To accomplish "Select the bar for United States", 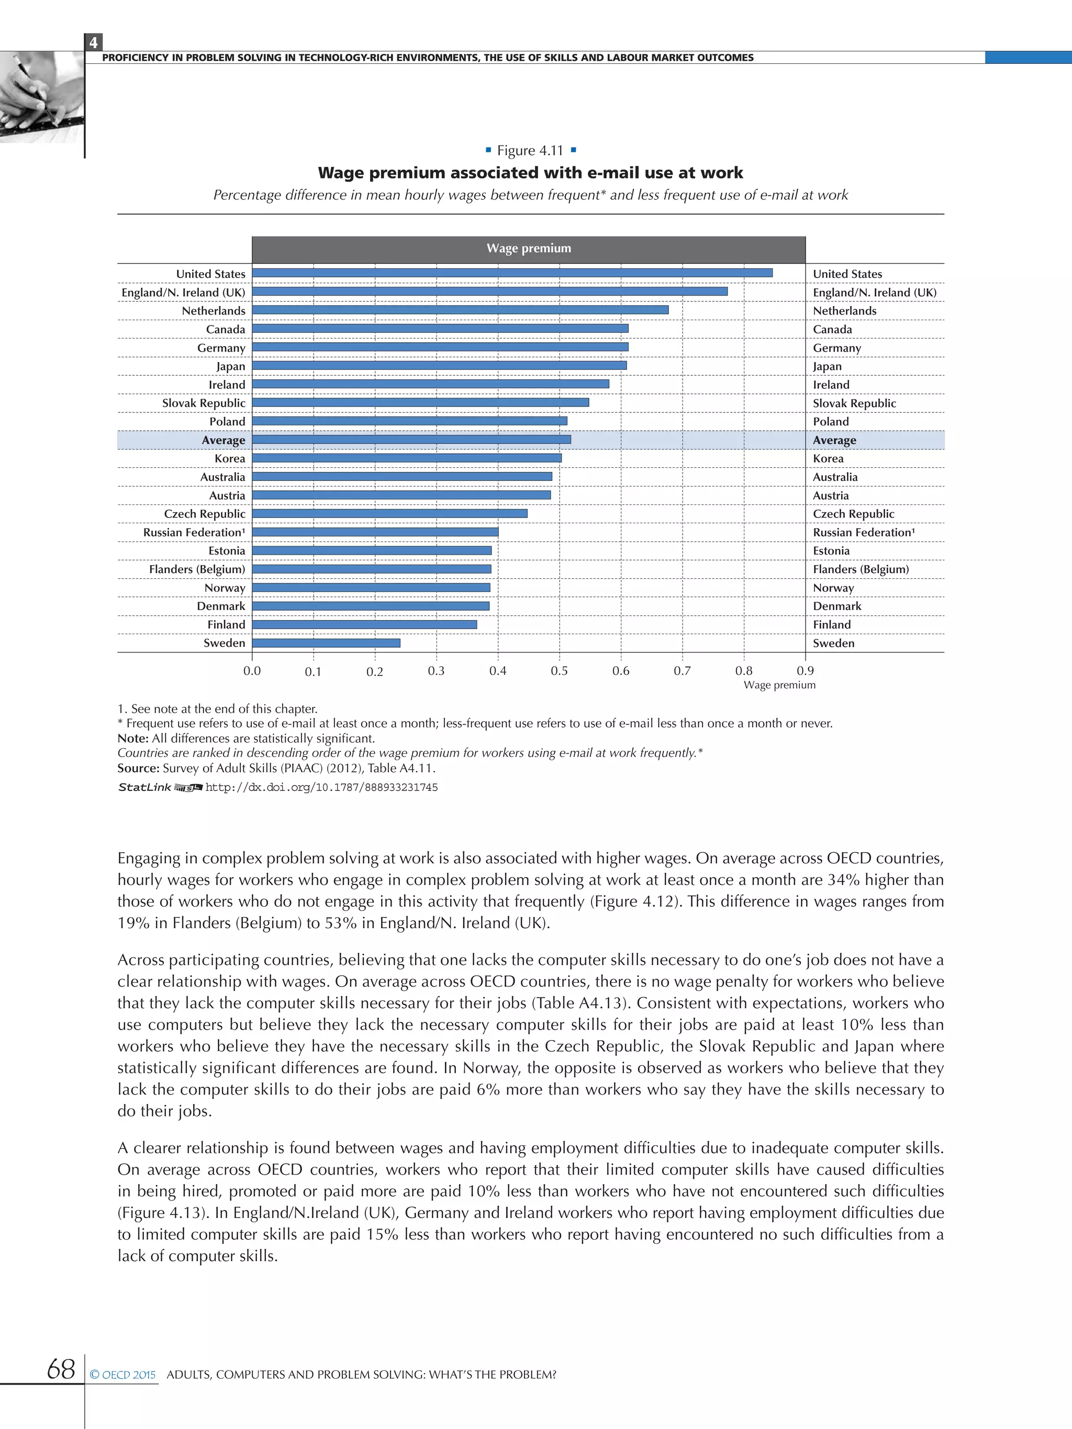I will [x=512, y=273].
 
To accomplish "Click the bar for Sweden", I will [x=326, y=643].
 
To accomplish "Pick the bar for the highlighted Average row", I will [x=411, y=440].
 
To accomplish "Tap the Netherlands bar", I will [x=460, y=310].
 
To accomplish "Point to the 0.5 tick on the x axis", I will [x=559, y=671].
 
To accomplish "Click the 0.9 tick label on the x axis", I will [x=805, y=671].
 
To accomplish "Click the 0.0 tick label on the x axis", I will [x=252, y=671].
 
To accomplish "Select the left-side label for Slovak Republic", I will [x=204, y=403].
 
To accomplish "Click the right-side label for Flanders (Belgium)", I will [x=861, y=569].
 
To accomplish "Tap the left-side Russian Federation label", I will [x=194, y=532].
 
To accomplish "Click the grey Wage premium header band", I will [x=529, y=249].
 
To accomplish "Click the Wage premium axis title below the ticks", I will [x=779, y=685].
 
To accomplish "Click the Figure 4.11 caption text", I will [x=530, y=151].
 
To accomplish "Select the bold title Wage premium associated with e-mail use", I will [x=530, y=173].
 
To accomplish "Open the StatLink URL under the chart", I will [x=321, y=787].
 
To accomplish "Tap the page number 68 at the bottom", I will [x=61, y=1369].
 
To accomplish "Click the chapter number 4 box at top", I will [x=94, y=42].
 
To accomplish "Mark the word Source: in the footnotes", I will [x=138, y=768].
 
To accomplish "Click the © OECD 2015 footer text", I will [x=123, y=1375].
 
